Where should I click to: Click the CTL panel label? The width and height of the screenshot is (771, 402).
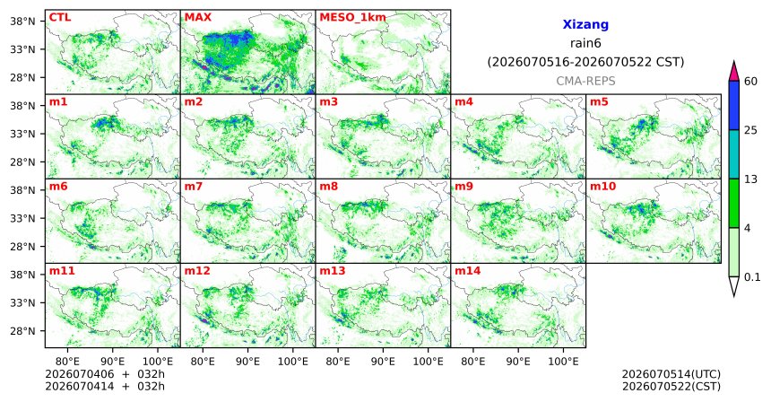(60, 17)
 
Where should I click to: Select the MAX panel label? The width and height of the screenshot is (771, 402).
(197, 17)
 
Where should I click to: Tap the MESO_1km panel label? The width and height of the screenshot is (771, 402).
(352, 18)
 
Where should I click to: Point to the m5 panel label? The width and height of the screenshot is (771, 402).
(599, 102)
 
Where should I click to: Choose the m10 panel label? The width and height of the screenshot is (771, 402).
(602, 187)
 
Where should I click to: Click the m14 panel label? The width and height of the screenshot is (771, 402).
(468, 271)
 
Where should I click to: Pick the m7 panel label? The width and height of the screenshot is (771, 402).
(194, 187)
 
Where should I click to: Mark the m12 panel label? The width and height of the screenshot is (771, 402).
(197, 271)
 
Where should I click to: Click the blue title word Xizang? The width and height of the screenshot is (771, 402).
(585, 24)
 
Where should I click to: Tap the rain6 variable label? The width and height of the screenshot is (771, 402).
(585, 43)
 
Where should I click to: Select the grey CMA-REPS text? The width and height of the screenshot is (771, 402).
(585, 81)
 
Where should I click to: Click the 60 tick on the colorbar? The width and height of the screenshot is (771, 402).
(750, 81)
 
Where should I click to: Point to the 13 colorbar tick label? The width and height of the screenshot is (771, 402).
(750, 179)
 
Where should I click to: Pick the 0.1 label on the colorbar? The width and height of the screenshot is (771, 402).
(752, 277)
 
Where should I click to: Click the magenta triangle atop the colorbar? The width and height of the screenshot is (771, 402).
(734, 72)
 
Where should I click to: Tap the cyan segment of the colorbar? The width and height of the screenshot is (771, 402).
(734, 154)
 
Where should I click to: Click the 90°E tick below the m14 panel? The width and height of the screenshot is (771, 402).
(518, 362)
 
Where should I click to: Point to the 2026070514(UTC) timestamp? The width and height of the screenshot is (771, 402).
(671, 375)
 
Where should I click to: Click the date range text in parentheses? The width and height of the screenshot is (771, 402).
(585, 62)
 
